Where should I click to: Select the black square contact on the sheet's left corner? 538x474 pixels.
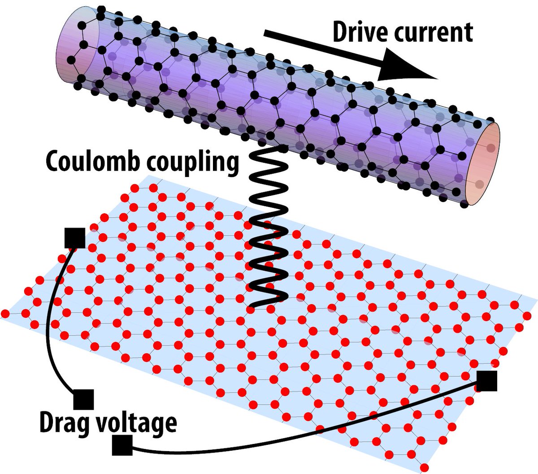[x=74, y=238]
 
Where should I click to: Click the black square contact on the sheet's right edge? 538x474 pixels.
[x=486, y=381]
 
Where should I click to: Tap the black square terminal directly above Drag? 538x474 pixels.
[x=83, y=399]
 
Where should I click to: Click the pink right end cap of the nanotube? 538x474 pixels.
[x=482, y=164]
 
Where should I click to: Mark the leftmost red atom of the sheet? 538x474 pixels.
[x=5, y=313]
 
